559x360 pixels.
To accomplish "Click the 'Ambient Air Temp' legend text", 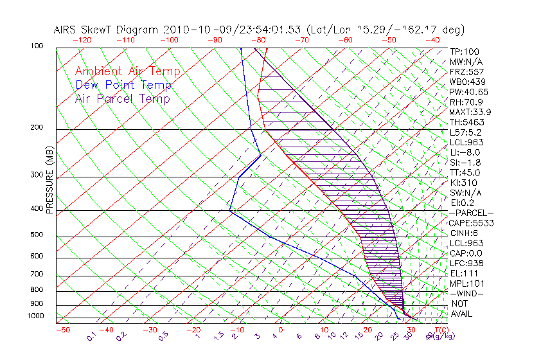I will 127,71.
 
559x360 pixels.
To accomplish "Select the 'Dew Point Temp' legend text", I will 123,85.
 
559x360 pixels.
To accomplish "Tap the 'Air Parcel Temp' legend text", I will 122,98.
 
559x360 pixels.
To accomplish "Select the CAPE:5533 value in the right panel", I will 471,223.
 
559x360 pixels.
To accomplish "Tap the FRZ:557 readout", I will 467,71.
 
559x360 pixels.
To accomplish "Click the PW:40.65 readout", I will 469,92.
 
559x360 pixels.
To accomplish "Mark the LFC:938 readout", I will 467,263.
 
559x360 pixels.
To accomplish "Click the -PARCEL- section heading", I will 471,213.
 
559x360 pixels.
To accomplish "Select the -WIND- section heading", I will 467,293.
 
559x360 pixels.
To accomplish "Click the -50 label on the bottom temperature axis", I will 63,330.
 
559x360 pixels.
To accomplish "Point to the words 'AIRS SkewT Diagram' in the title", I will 107,30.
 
